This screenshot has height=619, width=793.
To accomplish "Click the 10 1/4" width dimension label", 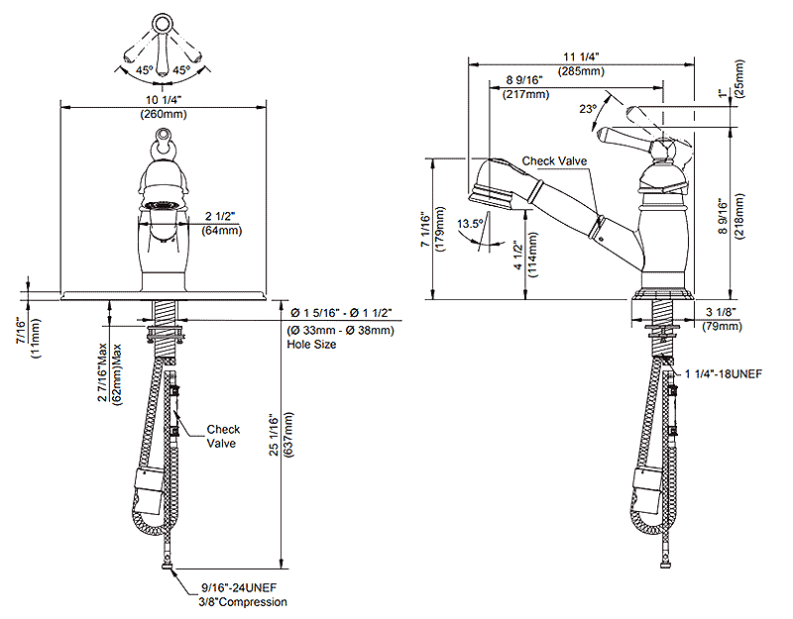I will click(x=164, y=99).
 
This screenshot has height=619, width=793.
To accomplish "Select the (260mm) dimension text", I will click(x=164, y=114).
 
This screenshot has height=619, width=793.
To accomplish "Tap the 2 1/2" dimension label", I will click(x=221, y=217).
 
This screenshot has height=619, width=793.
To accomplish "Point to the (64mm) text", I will click(x=222, y=232).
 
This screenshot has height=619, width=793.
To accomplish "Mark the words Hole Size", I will click(x=311, y=345).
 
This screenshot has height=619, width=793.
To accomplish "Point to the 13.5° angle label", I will click(x=470, y=224).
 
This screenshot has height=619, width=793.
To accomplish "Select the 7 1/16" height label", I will click(x=424, y=229).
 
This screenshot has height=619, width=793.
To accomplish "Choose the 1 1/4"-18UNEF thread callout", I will click(x=728, y=373).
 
